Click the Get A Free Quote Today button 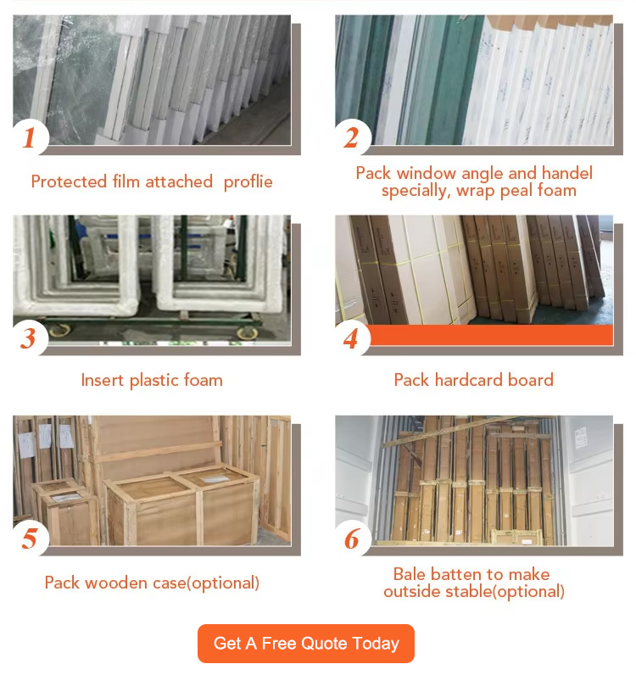tap(306, 644)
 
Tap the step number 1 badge tap(30, 137)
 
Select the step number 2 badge tap(352, 137)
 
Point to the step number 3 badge tap(29, 338)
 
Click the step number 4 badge tap(351, 339)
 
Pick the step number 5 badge tap(30, 539)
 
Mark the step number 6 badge tap(352, 539)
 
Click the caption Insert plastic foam tap(152, 381)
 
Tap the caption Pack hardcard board tap(473, 380)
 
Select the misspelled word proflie tap(248, 181)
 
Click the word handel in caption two tap(567, 173)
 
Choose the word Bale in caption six tap(410, 574)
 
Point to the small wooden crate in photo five tap(64, 512)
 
